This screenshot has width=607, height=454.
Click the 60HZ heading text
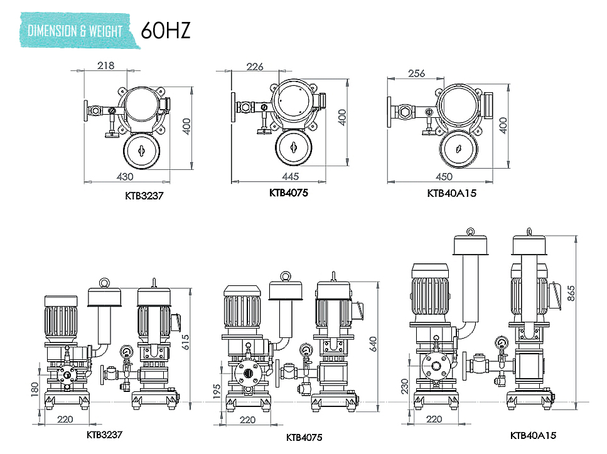(165, 30)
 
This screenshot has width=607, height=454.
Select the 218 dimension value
(107, 65)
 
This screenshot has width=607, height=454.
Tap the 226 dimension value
(255, 67)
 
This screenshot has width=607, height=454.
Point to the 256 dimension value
(416, 73)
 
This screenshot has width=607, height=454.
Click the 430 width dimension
(126, 177)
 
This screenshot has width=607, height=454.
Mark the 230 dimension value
(405, 386)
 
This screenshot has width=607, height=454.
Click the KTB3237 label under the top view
(144, 196)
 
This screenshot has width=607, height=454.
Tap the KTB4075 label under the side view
(305, 437)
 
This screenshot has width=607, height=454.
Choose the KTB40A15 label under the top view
(451, 194)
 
